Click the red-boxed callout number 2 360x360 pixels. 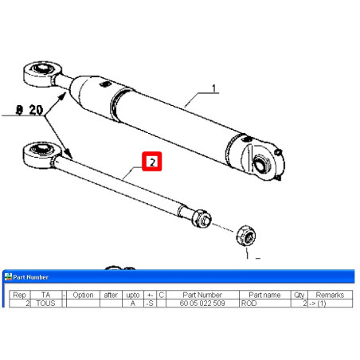pos(152,162)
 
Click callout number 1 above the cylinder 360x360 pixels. pos(214,88)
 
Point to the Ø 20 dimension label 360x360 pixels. pos(29,110)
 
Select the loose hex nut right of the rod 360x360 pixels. pos(246,235)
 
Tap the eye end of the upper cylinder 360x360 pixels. pos(42,74)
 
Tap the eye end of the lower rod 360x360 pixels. pos(41,155)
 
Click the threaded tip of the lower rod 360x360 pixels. pos(202,218)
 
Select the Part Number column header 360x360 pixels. pos(202,295)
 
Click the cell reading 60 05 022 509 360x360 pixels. pos(202,303)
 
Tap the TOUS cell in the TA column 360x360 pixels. pos(45,303)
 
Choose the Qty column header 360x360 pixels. pos(299,295)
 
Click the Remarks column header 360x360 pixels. pos(330,295)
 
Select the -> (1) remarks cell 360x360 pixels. pos(318,303)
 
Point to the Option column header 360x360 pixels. pos(83,295)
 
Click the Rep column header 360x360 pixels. pos(19,295)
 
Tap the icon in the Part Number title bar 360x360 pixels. pos(8,276)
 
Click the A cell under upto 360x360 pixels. pos(133,303)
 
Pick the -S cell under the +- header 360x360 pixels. pos(150,303)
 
